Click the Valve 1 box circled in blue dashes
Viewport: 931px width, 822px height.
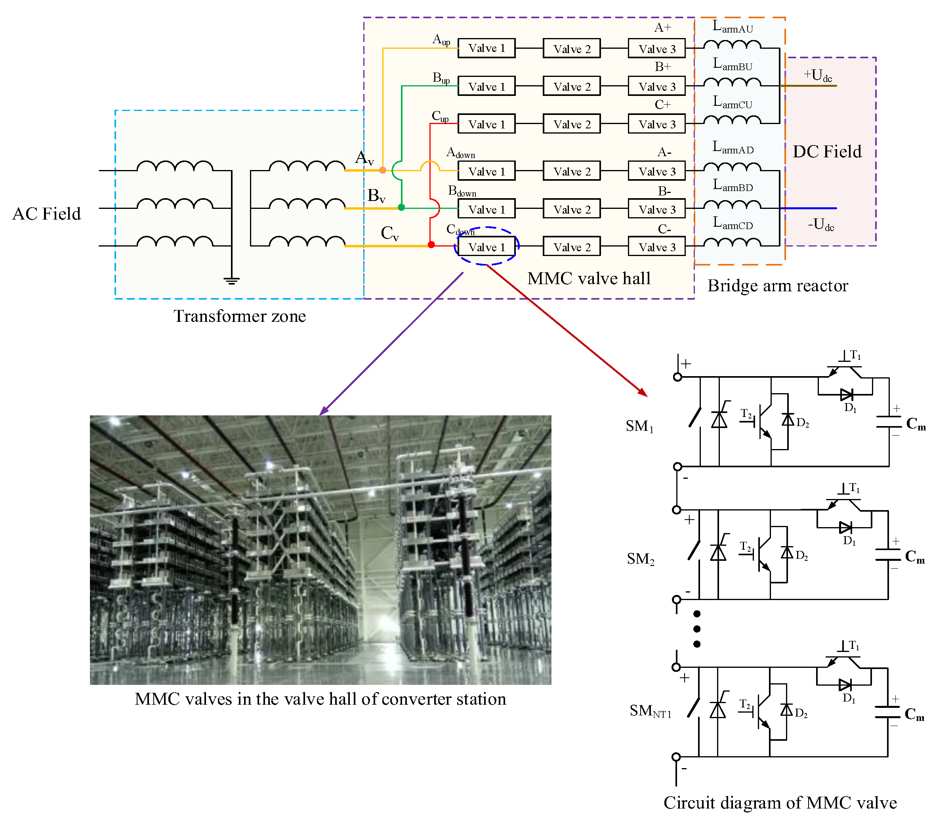(x=486, y=247)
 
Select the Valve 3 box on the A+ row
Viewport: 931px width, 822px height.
(x=656, y=48)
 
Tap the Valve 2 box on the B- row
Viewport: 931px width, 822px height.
(x=572, y=209)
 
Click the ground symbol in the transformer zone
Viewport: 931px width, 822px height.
(x=231, y=280)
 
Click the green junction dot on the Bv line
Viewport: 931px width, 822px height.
(x=401, y=207)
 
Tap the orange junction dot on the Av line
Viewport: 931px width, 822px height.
(x=383, y=170)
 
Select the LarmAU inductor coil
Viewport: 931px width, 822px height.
(x=732, y=45)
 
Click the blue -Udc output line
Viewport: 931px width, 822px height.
(x=809, y=208)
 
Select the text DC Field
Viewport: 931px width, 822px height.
(x=827, y=152)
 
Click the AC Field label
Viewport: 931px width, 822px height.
(x=46, y=214)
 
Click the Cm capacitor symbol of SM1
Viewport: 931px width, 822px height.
(x=888, y=422)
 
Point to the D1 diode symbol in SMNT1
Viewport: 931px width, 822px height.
(x=845, y=684)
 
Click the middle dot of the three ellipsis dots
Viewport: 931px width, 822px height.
(x=696, y=629)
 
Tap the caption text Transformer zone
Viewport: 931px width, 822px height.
(x=240, y=316)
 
